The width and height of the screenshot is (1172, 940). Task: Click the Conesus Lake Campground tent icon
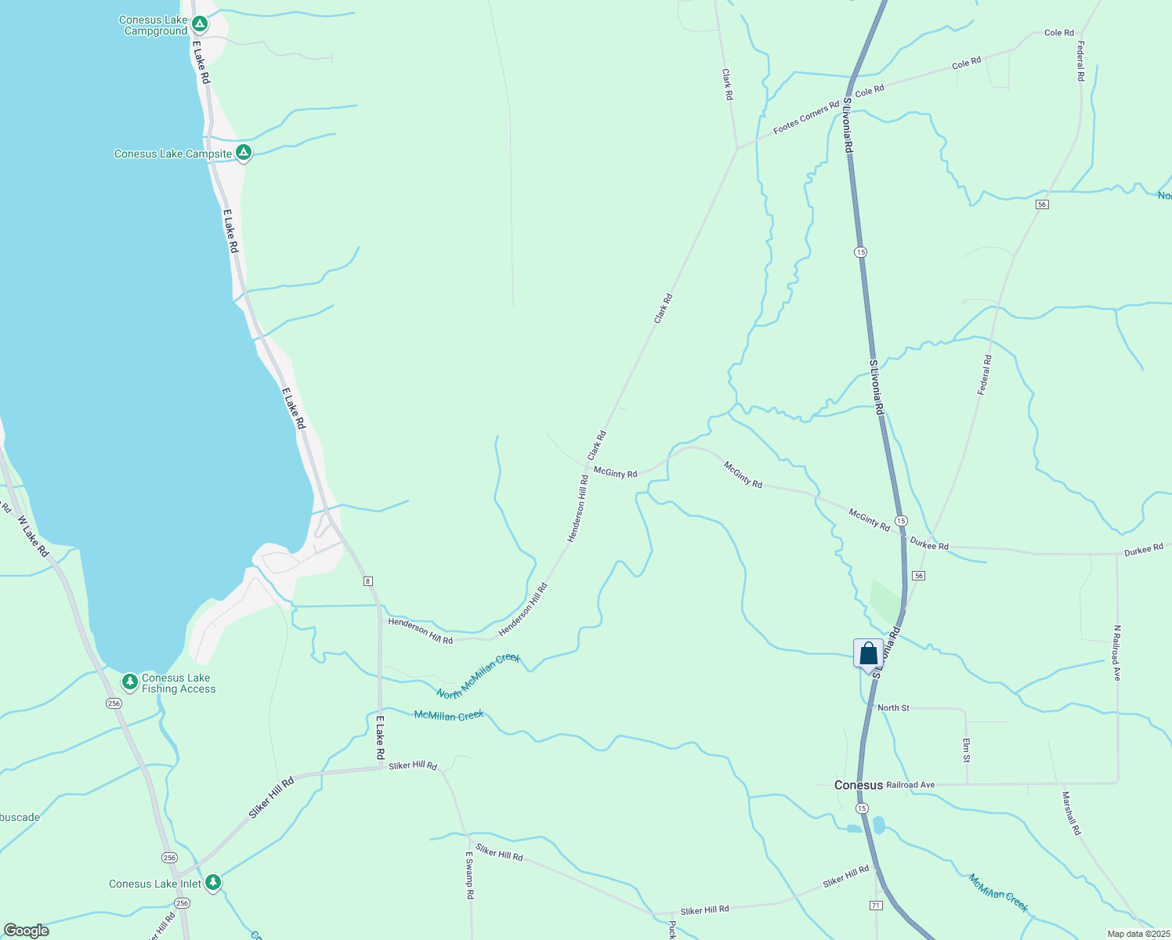tap(200, 24)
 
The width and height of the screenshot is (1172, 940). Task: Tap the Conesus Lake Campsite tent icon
tap(244, 153)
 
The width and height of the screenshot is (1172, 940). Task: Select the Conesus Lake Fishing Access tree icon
tap(130, 681)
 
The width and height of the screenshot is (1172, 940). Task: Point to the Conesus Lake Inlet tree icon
tap(213, 883)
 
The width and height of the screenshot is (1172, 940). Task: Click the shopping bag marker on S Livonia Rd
tap(868, 653)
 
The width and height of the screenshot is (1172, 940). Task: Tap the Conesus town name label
tap(858, 785)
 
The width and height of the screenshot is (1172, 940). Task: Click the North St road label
tap(893, 708)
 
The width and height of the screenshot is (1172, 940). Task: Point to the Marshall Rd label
tap(1071, 813)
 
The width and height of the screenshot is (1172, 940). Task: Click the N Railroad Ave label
tap(1117, 653)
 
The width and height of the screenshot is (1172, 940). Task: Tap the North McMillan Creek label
tap(479, 675)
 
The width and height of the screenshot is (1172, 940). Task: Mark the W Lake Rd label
tap(33, 537)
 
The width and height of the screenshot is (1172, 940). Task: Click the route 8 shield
tap(367, 580)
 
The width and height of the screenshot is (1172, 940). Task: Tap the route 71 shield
tap(876, 905)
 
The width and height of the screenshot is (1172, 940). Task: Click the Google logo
tap(27, 930)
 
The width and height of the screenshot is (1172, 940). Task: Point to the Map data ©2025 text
tap(1138, 934)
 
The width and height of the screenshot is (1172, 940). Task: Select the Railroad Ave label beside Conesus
tap(910, 785)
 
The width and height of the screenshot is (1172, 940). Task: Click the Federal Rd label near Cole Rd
tap(1080, 61)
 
